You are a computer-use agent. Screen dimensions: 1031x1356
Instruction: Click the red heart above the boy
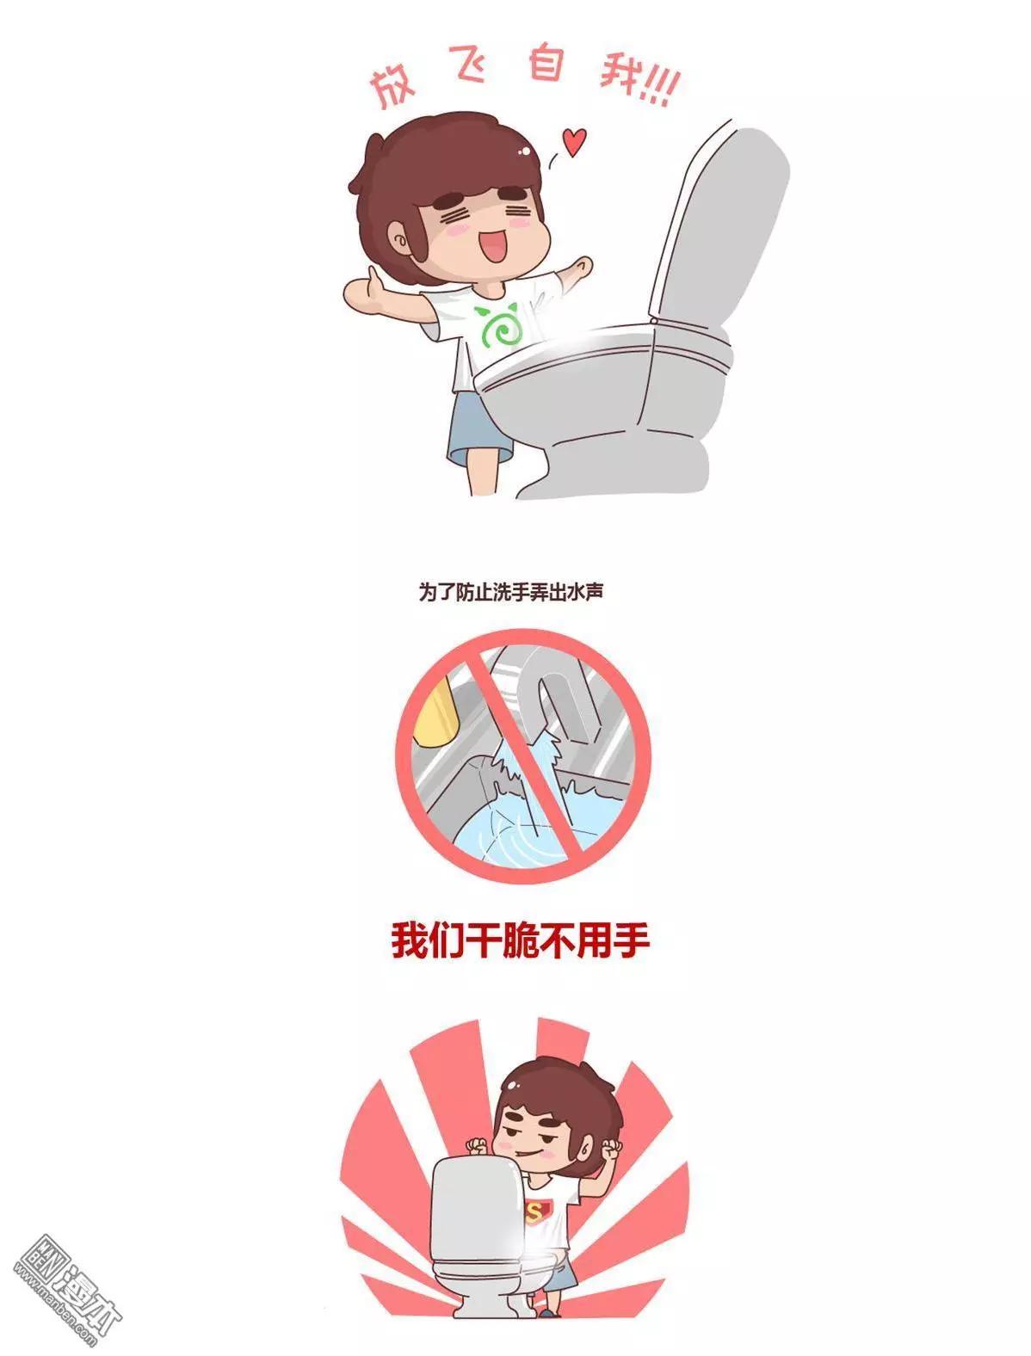(575, 142)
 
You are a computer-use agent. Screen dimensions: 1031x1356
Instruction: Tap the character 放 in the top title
(393, 86)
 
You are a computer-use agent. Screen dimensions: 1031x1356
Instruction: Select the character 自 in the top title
(546, 63)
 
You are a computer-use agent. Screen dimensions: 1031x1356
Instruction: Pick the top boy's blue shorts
(476, 428)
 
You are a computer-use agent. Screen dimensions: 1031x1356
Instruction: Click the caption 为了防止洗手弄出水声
(510, 591)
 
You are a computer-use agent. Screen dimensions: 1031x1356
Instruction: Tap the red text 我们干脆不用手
(520, 941)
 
